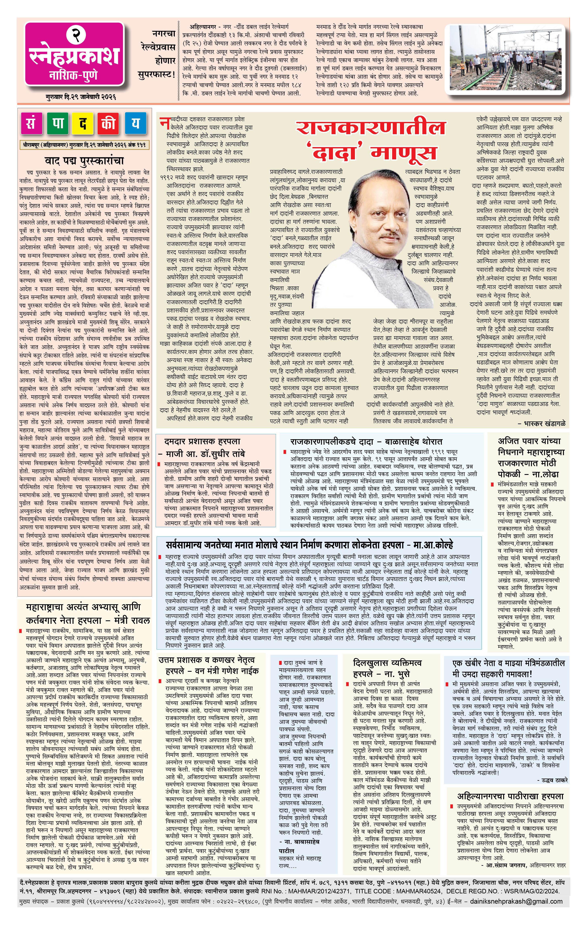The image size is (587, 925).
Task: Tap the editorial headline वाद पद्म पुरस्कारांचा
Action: click(84, 161)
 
